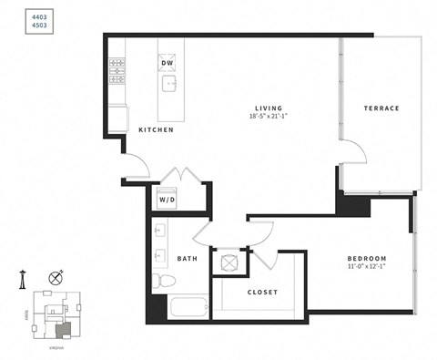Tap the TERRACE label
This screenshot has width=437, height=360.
[381, 108]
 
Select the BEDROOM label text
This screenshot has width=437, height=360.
[367, 259]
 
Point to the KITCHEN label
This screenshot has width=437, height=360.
[156, 130]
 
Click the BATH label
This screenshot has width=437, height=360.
[188, 259]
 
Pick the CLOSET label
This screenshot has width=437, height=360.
[262, 293]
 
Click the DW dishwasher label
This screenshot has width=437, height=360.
[168, 63]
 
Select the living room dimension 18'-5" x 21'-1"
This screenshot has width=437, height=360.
[268, 117]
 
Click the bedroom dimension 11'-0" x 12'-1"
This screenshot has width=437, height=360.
[367, 268]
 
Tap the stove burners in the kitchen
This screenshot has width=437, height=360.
[117, 71]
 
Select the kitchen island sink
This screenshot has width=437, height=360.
[169, 85]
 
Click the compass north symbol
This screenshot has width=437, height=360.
[56, 276]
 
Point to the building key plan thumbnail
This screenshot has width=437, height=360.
[54, 314]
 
